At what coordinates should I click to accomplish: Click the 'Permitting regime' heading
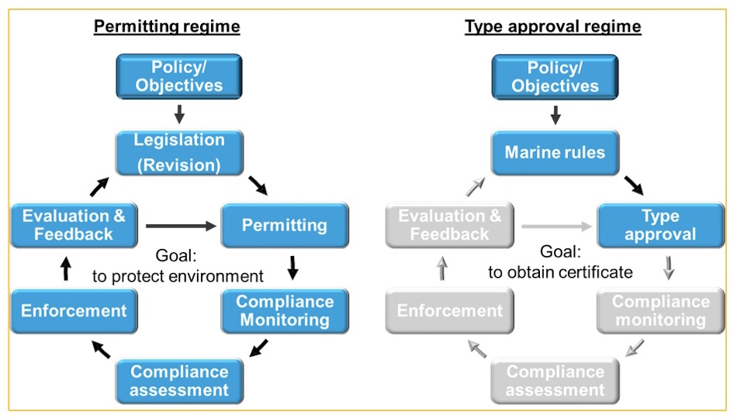pos(167,27)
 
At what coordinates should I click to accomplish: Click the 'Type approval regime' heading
pos(552,27)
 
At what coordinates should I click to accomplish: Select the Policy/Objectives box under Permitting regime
pos(179,76)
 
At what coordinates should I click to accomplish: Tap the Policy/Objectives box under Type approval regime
pos(555,76)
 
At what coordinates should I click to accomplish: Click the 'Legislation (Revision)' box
pos(179,153)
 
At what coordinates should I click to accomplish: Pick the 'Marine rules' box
pos(555,152)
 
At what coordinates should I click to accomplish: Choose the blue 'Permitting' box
pos(285,226)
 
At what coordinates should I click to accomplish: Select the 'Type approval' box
pos(660,226)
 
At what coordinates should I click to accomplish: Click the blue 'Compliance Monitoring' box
pos(285,310)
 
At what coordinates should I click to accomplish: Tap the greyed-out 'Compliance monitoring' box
pos(660,310)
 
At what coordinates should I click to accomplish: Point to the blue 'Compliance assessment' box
pos(179,380)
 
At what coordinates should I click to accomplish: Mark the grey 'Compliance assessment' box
pos(555,380)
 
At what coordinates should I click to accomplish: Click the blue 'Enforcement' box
pos(74,311)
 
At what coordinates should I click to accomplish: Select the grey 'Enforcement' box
pos(450,311)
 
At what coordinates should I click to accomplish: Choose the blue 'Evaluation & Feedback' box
pos(74,225)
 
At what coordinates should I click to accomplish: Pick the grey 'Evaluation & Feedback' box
pos(450,225)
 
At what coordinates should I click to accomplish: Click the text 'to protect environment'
pos(178,276)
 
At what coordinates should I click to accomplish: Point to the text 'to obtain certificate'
pos(560,272)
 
